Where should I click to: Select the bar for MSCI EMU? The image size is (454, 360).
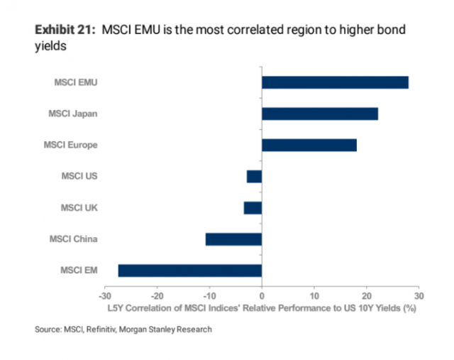pyautogui.click(x=335, y=82)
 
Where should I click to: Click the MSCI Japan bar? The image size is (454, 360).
pyautogui.click(x=320, y=114)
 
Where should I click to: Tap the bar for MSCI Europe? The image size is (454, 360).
pyautogui.click(x=309, y=145)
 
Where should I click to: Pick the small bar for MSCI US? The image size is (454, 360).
pyautogui.click(x=255, y=176)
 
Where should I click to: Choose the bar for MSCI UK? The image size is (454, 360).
pyautogui.click(x=253, y=207)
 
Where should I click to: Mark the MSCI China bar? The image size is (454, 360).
pyautogui.click(x=234, y=239)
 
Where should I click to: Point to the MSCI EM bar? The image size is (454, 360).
pyautogui.click(x=190, y=270)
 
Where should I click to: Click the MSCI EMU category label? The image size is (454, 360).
pyautogui.click(x=75, y=82)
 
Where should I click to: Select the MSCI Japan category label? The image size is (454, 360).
pyautogui.click(x=72, y=114)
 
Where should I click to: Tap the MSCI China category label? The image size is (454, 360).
pyautogui.click(x=72, y=239)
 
